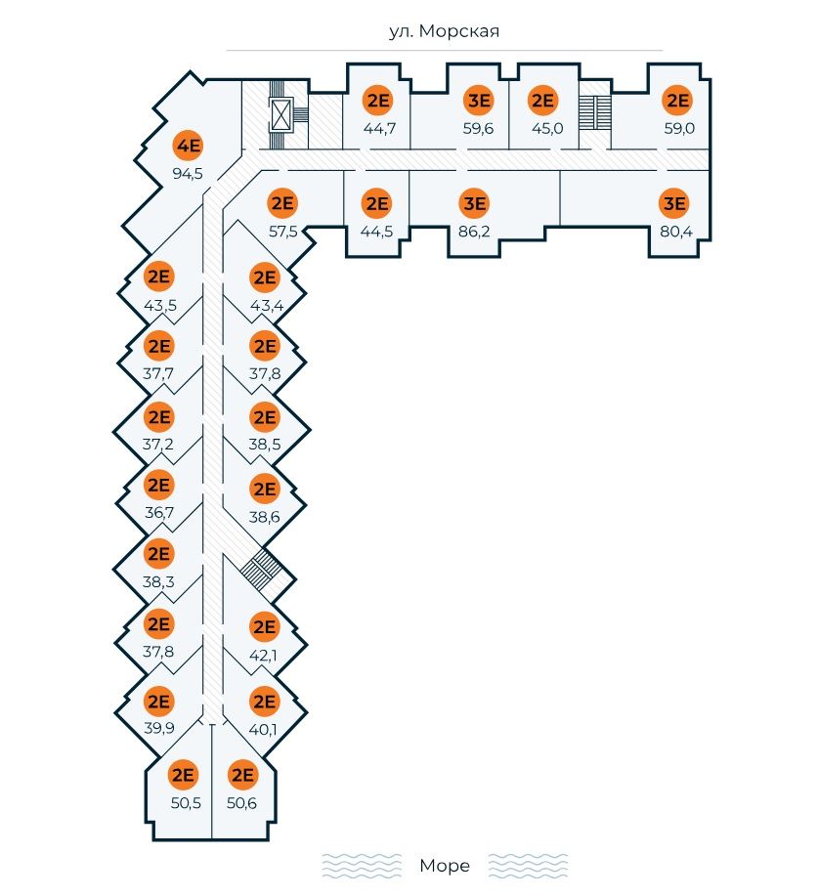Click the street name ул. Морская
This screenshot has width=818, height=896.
pyautogui.click(x=445, y=31)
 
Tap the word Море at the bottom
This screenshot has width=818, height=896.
pyautogui.click(x=445, y=866)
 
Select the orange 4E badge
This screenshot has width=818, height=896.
pyautogui.click(x=188, y=147)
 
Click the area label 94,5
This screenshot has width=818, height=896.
pyautogui.click(x=188, y=174)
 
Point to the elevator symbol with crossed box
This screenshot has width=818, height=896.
pyautogui.click(x=283, y=115)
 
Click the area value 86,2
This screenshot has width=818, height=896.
pyautogui.click(x=475, y=232)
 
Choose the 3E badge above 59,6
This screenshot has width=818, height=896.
pyautogui.click(x=478, y=100)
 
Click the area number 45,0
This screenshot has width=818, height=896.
pyautogui.click(x=541, y=128)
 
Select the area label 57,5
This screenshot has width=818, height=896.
pyautogui.click(x=282, y=232)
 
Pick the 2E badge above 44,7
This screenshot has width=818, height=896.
pyautogui.click(x=376, y=100)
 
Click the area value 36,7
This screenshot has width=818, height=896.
pyautogui.click(x=158, y=512)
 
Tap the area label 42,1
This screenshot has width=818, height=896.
pyautogui.click(x=265, y=654)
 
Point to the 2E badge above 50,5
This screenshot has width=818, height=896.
pyautogui.click(x=183, y=775)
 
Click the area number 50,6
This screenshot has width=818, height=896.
pyautogui.click(x=241, y=803)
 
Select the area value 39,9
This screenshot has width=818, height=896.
pyautogui.click(x=158, y=729)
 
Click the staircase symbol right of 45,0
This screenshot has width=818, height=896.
pyautogui.click(x=592, y=111)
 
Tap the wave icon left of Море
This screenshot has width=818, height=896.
pyautogui.click(x=362, y=866)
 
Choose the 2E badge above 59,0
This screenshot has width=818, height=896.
pyautogui.click(x=676, y=100)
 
